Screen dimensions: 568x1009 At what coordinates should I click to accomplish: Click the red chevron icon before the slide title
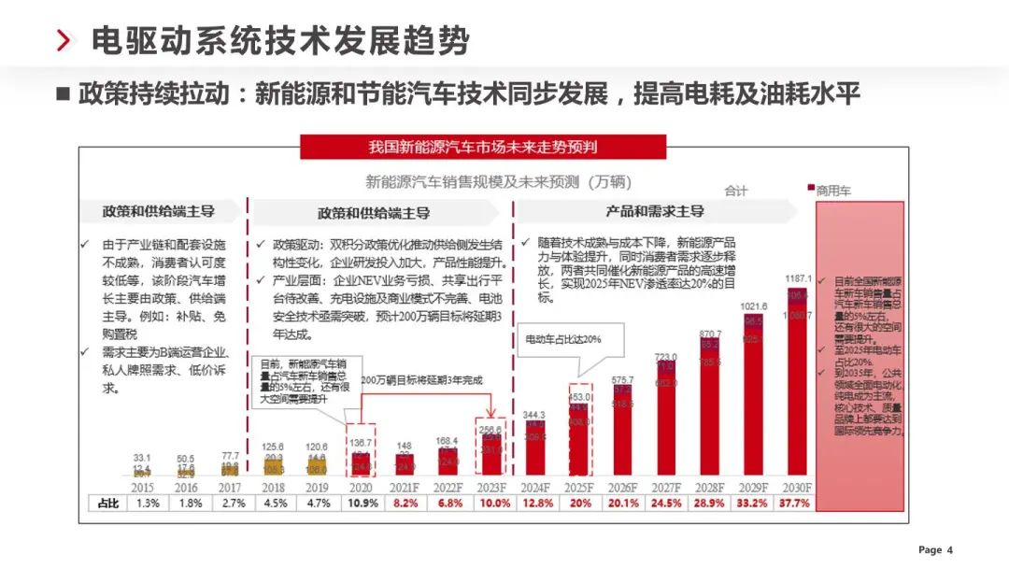click(x=64, y=41)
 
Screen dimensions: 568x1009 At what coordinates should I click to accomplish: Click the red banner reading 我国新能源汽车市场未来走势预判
click(x=482, y=147)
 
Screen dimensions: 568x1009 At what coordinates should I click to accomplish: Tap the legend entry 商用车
click(x=832, y=190)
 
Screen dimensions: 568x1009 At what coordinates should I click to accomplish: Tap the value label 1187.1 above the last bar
click(x=798, y=278)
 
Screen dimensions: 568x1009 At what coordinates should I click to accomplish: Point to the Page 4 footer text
click(x=935, y=549)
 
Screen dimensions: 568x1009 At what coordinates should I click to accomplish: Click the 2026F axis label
click(x=622, y=487)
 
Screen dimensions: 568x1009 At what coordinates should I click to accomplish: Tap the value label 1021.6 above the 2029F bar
click(x=754, y=306)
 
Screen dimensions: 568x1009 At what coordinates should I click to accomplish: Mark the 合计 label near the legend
click(x=736, y=191)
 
